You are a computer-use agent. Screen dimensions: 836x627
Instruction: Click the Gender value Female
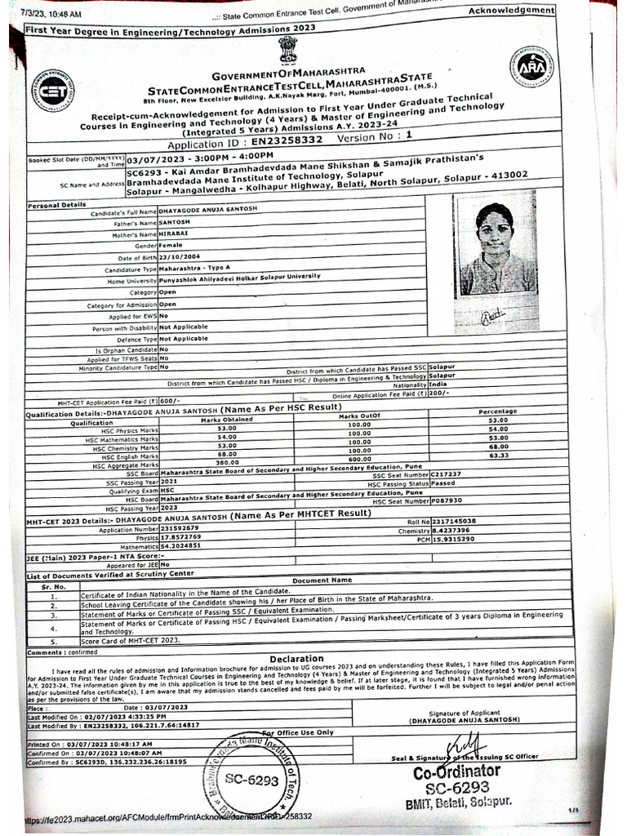point(171,246)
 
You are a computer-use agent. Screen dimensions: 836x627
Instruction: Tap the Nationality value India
point(438,384)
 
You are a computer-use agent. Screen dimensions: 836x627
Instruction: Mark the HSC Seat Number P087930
point(447,500)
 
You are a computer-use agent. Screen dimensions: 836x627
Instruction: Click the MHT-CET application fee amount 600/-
point(169,401)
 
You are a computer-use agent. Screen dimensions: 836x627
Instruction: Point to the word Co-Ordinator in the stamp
point(456,772)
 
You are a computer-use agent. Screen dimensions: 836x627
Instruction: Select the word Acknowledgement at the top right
point(511,10)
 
